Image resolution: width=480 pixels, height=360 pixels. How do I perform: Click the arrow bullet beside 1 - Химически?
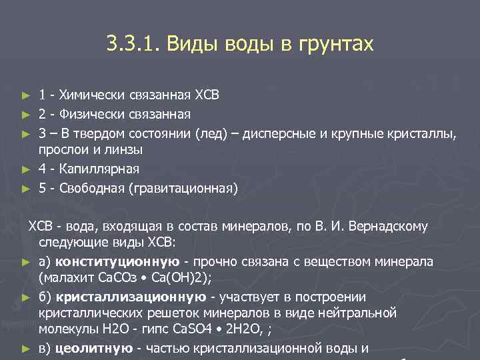coord(26,94)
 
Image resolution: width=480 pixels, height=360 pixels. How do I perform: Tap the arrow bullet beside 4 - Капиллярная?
coord(26,169)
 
